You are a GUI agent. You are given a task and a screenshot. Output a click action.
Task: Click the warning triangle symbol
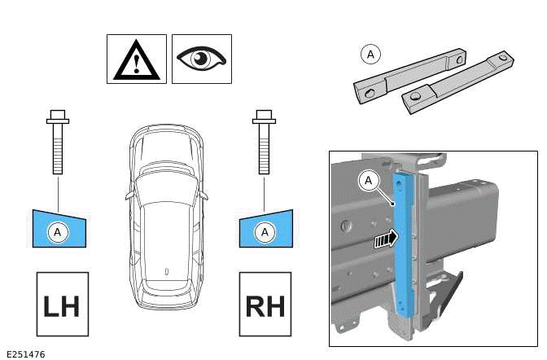136,59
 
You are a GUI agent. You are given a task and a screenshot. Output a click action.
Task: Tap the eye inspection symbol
202,59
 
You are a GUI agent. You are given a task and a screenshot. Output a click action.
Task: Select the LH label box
62,305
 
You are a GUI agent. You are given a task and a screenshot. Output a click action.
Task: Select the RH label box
265,305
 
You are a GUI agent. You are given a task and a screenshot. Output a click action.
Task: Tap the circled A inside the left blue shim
58,233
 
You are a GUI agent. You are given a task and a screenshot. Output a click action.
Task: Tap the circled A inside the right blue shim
264,233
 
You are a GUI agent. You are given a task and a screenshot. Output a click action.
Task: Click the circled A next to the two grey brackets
370,55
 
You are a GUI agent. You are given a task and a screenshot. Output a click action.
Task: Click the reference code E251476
25,353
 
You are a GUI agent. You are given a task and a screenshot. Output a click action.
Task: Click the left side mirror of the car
129,195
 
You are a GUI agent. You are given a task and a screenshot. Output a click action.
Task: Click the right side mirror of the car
203,195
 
